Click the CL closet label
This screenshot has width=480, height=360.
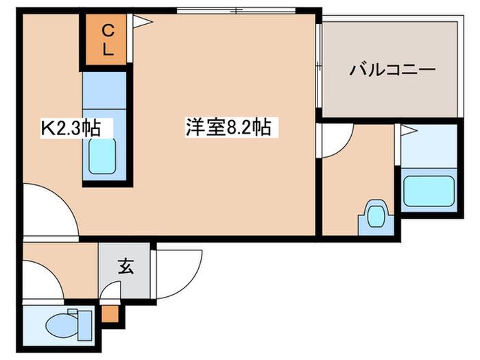108,40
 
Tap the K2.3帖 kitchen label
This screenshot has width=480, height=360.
71,128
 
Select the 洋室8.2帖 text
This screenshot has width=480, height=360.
228,127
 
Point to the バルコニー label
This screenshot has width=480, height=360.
392,70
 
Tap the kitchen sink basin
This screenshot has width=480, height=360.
102,156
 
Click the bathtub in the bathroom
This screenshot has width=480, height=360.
429,191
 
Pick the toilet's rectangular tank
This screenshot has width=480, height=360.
85,325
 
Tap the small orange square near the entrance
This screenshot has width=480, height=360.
110,313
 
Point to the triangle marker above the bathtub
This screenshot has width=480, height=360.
409,131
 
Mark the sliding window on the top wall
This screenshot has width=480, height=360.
237,10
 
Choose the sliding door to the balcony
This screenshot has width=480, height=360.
319,66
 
